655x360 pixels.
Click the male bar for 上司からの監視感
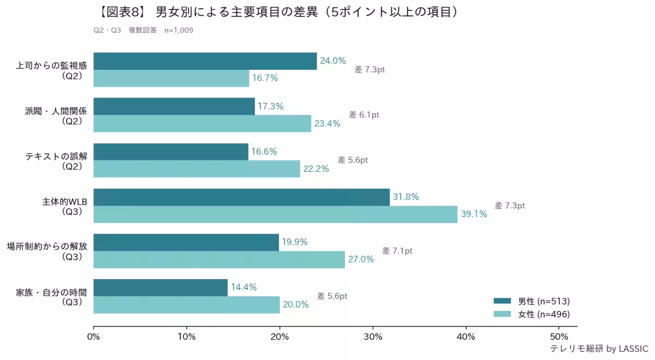205,61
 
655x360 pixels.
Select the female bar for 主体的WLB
275,214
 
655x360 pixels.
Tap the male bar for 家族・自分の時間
160,287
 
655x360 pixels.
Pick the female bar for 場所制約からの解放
219,260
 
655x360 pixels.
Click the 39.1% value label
474,214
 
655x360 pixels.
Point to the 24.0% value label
333,61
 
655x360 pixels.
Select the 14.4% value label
243,287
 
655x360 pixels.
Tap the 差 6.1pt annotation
364,115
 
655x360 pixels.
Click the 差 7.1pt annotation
397,251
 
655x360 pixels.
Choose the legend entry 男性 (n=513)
532,301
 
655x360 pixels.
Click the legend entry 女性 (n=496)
532,314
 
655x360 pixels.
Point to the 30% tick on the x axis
373,336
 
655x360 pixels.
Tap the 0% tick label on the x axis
94,336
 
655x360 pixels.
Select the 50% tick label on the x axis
559,336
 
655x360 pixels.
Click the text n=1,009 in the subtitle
178,31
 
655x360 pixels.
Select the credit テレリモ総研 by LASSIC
599,349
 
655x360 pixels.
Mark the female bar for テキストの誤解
196,169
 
